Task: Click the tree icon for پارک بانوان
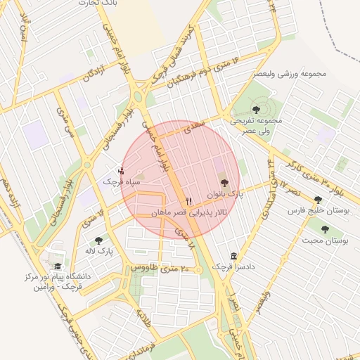[224, 183]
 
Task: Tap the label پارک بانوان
[224, 193]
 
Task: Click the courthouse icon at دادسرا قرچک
[234, 256]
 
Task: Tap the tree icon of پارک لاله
[98, 240]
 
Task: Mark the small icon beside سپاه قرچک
[121, 171]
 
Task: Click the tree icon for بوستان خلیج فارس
[318, 200]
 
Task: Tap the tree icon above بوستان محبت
[325, 229]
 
